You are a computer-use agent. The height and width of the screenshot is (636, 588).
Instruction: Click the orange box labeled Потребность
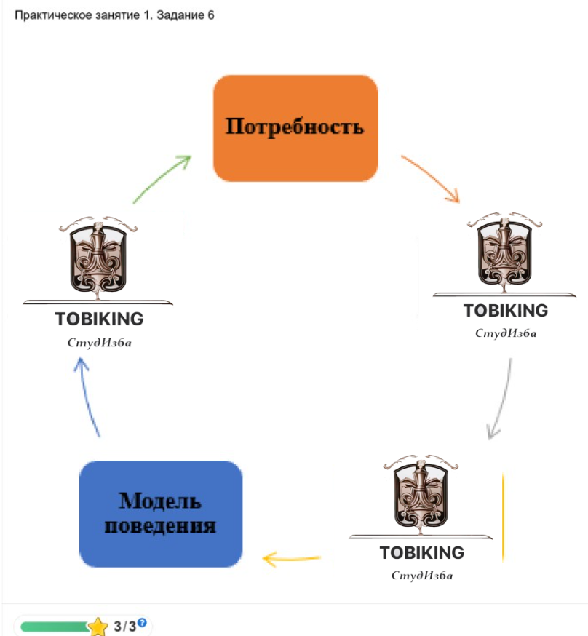point(295,128)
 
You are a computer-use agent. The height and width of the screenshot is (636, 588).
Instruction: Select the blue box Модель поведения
point(160,514)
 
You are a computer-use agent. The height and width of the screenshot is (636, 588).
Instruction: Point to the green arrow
point(162,178)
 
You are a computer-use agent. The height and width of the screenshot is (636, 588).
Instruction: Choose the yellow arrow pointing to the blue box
point(291,559)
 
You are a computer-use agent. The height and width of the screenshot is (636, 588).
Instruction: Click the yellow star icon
point(98,627)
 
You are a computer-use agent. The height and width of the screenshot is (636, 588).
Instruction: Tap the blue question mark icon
point(143,623)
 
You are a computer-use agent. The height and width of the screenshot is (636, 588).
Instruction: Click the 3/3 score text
point(124,627)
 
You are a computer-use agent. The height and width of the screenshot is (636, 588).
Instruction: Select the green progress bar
point(55,627)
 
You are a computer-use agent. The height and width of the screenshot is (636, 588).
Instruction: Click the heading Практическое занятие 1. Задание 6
point(114,15)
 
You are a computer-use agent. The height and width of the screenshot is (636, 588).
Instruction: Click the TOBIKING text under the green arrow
point(99,319)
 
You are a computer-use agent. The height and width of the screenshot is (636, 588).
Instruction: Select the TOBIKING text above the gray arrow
point(506,311)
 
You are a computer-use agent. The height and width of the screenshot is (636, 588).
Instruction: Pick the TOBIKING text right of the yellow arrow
point(421,552)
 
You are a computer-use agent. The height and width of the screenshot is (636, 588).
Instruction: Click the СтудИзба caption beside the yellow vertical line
point(422,576)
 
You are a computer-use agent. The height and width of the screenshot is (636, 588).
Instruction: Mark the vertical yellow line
point(503,517)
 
